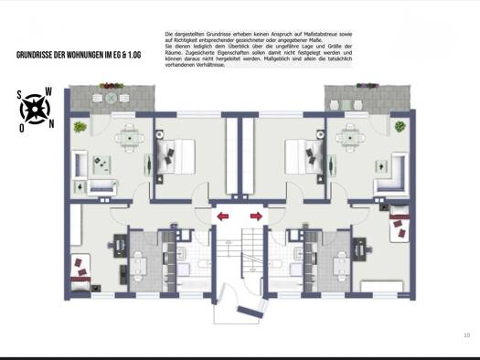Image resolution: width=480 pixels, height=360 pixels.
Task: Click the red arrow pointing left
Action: [x=222, y=217]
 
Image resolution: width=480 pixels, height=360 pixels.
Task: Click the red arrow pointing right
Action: [x=256, y=217]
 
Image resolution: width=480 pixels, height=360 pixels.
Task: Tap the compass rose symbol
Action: [x=36, y=109]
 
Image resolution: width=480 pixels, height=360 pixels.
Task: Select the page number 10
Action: [x=466, y=336]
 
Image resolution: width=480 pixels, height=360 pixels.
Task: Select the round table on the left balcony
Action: [x=111, y=96]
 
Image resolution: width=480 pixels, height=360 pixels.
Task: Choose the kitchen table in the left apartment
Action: [x=139, y=266]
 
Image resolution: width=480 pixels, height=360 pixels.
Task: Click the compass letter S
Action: [x=19, y=95]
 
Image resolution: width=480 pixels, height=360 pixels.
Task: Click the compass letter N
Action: [x=51, y=123]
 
